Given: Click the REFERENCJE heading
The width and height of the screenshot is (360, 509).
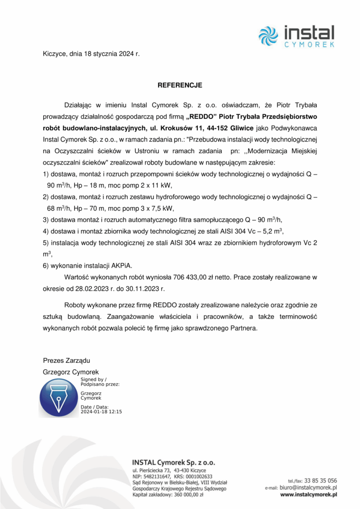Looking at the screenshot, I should pyautogui.click(x=180, y=85).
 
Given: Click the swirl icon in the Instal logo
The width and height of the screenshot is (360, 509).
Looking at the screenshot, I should pyautogui.click(x=269, y=36).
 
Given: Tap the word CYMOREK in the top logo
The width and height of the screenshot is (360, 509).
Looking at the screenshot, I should pyautogui.click(x=309, y=45).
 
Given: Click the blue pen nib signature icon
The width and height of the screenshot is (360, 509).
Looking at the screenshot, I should pyautogui.click(x=59, y=397).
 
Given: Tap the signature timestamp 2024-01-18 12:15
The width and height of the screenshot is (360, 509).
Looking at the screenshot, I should pyautogui.click(x=101, y=412).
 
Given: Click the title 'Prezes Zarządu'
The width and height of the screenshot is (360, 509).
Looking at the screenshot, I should pyautogui.click(x=67, y=360).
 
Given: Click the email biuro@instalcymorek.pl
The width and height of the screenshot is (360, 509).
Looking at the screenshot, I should pyautogui.click(x=308, y=488).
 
